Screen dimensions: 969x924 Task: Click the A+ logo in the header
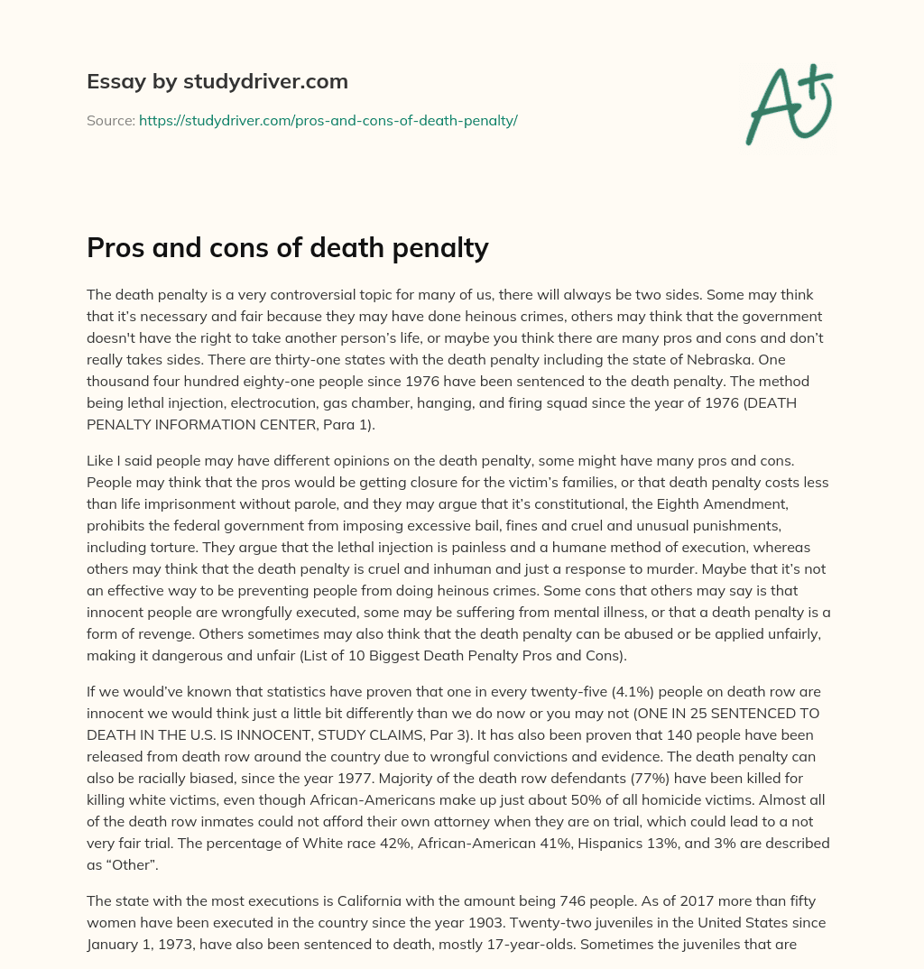click(788, 105)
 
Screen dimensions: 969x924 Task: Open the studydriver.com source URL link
click(328, 120)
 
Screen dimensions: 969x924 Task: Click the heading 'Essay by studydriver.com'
click(217, 81)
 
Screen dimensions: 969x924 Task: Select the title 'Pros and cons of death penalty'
click(287, 248)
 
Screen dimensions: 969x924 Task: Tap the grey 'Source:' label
click(110, 120)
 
